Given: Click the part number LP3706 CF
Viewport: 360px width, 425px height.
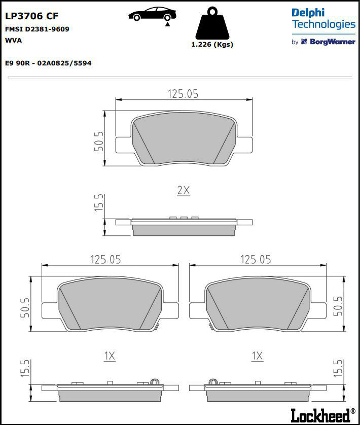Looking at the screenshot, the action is tap(32, 16).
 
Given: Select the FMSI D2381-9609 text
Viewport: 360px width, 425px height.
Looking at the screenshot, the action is tap(37, 29).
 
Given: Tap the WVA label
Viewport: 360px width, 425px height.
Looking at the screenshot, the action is tap(13, 40).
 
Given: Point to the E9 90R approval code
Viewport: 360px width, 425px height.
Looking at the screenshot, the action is tap(48, 63).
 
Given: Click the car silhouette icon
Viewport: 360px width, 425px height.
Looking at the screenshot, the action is tap(152, 14).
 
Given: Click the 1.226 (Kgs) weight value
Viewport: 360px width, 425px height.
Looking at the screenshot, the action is tap(212, 45).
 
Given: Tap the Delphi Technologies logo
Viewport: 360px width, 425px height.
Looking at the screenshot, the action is tap(323, 18).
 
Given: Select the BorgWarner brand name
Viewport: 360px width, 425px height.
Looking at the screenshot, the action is tap(332, 42).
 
